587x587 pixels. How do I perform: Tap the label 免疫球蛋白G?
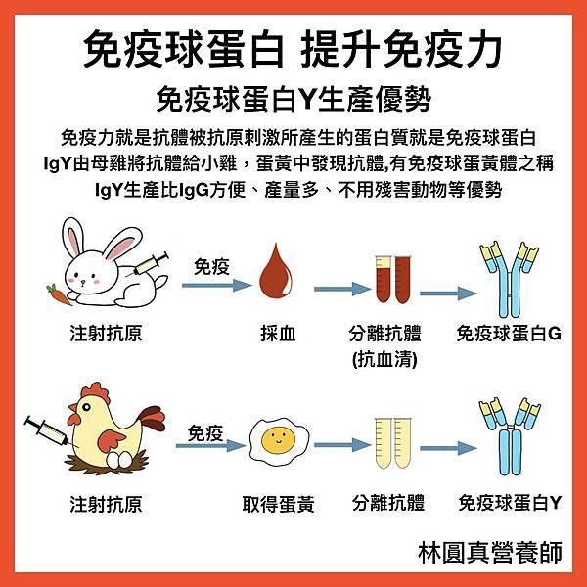point(509,333)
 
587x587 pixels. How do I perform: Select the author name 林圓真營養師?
point(489,552)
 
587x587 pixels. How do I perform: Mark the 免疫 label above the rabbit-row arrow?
point(210,265)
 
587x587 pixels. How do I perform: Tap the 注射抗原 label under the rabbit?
point(107,333)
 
